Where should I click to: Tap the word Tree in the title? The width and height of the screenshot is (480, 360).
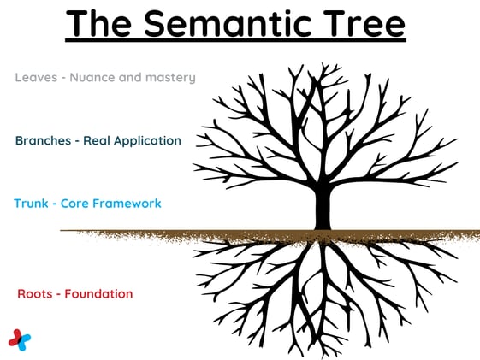coord(359,24)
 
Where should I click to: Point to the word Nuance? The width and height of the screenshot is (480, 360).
coord(93,78)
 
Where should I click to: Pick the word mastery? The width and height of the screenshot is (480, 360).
coord(171,78)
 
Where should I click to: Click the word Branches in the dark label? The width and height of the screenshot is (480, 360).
coord(44,140)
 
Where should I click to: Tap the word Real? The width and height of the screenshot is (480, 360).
coord(98,140)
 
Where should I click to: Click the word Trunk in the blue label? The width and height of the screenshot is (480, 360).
coord(32,204)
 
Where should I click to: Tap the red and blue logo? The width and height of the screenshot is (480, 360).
coord(20,339)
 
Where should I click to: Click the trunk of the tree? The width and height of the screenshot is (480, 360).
coord(323,210)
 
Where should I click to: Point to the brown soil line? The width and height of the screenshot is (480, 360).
coord(171,232)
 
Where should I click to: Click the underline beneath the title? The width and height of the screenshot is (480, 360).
coord(235,43)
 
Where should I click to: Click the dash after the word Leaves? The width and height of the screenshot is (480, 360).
coord(58,78)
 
